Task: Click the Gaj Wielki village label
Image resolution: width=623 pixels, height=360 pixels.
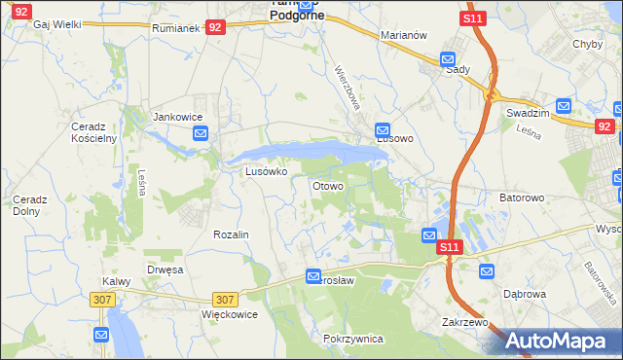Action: click(x=56, y=24)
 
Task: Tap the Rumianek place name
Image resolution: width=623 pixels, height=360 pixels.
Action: click(x=175, y=29)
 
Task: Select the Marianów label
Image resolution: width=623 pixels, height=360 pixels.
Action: click(x=404, y=35)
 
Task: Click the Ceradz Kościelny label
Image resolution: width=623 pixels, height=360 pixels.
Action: click(x=93, y=132)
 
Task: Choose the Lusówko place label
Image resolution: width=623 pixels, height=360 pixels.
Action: click(x=266, y=171)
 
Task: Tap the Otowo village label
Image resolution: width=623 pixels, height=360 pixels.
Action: click(x=326, y=186)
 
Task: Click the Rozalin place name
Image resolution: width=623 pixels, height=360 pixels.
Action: click(x=232, y=235)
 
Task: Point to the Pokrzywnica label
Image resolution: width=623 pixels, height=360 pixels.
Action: click(x=352, y=339)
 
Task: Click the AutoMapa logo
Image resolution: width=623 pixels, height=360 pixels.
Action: click(x=558, y=342)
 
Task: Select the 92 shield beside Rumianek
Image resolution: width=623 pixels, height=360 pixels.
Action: click(x=216, y=29)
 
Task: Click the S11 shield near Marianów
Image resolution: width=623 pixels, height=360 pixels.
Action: click(x=473, y=18)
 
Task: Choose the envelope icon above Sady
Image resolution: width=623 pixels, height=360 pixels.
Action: click(x=448, y=58)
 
